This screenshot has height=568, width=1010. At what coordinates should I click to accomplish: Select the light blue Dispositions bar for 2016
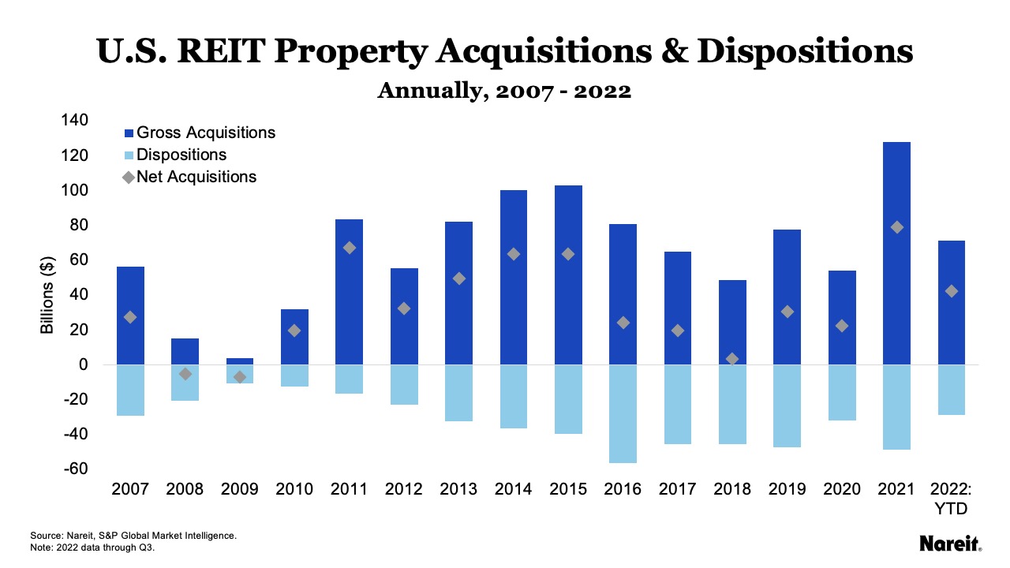pyautogui.click(x=623, y=413)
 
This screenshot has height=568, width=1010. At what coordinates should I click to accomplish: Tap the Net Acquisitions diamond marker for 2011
pyautogui.click(x=350, y=248)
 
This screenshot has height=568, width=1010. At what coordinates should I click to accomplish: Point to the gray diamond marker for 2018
pyautogui.click(x=732, y=359)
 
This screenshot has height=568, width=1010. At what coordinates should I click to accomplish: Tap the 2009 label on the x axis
pyautogui.click(x=240, y=489)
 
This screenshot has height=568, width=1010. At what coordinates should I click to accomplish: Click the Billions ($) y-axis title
pyautogui.click(x=47, y=294)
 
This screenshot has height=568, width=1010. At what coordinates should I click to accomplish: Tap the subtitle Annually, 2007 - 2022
pyautogui.click(x=504, y=91)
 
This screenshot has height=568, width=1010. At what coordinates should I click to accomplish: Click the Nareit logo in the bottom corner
pyautogui.click(x=950, y=544)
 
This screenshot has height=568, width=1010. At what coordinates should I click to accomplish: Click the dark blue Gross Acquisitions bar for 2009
pyautogui.click(x=240, y=361)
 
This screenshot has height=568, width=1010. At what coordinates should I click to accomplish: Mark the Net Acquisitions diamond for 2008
pyautogui.click(x=185, y=374)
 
